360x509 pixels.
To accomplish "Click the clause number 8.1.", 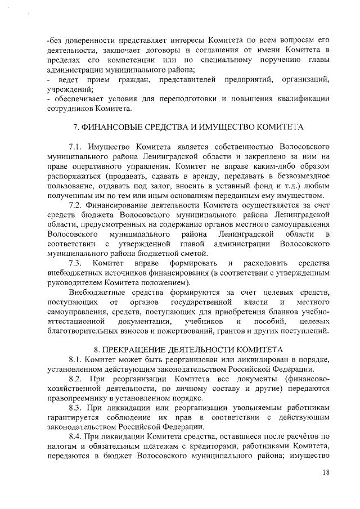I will coord(75,359).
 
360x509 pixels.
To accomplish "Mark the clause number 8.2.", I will coord(75,380).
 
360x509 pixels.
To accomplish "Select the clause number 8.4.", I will coord(75,436).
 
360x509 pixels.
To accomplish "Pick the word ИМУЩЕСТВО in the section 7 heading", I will coord(232,127).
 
